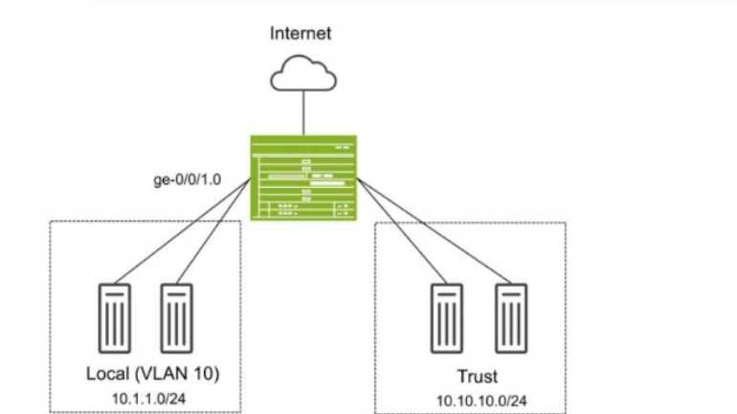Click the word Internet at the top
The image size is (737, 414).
(301, 34)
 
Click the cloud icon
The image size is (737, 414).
(302, 71)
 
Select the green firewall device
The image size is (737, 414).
(302, 177)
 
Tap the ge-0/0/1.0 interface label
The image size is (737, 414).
(187, 177)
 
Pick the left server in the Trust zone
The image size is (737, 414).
(441, 317)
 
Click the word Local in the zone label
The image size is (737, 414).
(106, 372)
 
